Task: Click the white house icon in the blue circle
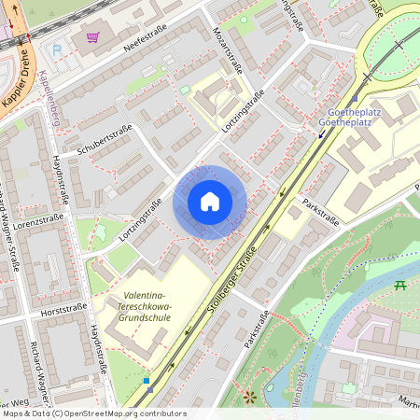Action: coord(210,202)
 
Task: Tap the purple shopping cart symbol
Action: coord(92,37)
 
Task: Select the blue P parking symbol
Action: coord(56,49)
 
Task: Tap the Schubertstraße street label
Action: coord(105,139)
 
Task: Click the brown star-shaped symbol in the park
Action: coord(249,397)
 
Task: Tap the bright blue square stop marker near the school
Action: coord(147,381)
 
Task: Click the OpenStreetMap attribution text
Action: coord(93,413)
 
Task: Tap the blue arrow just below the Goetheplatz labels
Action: coord(322,134)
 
